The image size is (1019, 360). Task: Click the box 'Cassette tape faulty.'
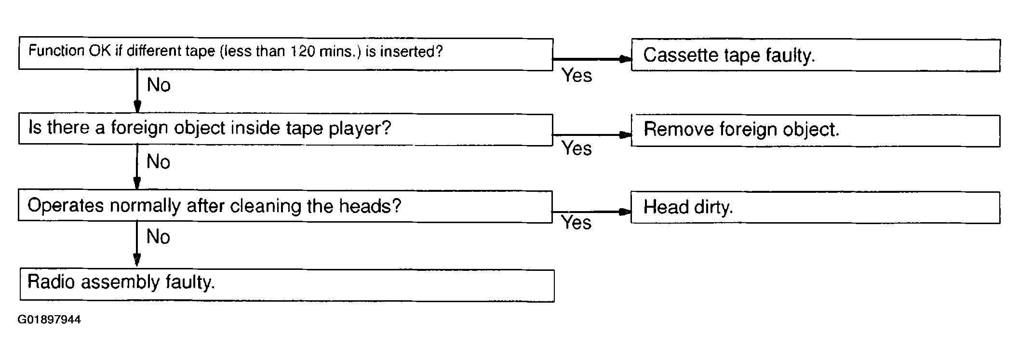pyautogui.click(x=816, y=55)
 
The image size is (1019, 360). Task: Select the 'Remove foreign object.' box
pyautogui.click(x=816, y=130)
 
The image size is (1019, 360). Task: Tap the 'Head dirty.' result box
pyautogui.click(x=816, y=207)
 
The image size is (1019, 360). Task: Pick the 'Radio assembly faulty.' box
pyautogui.click(x=287, y=285)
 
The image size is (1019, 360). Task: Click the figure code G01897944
pyautogui.click(x=49, y=320)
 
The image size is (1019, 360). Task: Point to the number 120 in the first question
pyautogui.click(x=302, y=52)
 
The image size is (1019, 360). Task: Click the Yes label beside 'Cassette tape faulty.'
pyautogui.click(x=577, y=75)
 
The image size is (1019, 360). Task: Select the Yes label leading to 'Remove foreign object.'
pyautogui.click(x=577, y=148)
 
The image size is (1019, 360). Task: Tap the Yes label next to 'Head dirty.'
pyautogui.click(x=577, y=222)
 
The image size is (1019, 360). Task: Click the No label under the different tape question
pyautogui.click(x=159, y=85)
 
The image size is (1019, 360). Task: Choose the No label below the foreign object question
pyautogui.click(x=159, y=162)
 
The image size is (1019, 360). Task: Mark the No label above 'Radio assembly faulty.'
pyautogui.click(x=159, y=237)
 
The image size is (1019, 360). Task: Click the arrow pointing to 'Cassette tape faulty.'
pyautogui.click(x=592, y=59)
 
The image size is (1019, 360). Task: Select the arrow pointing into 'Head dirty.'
pyautogui.click(x=591, y=212)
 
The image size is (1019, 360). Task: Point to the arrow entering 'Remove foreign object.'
pyautogui.click(x=592, y=135)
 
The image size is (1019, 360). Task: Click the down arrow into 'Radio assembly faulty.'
pyautogui.click(x=137, y=244)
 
